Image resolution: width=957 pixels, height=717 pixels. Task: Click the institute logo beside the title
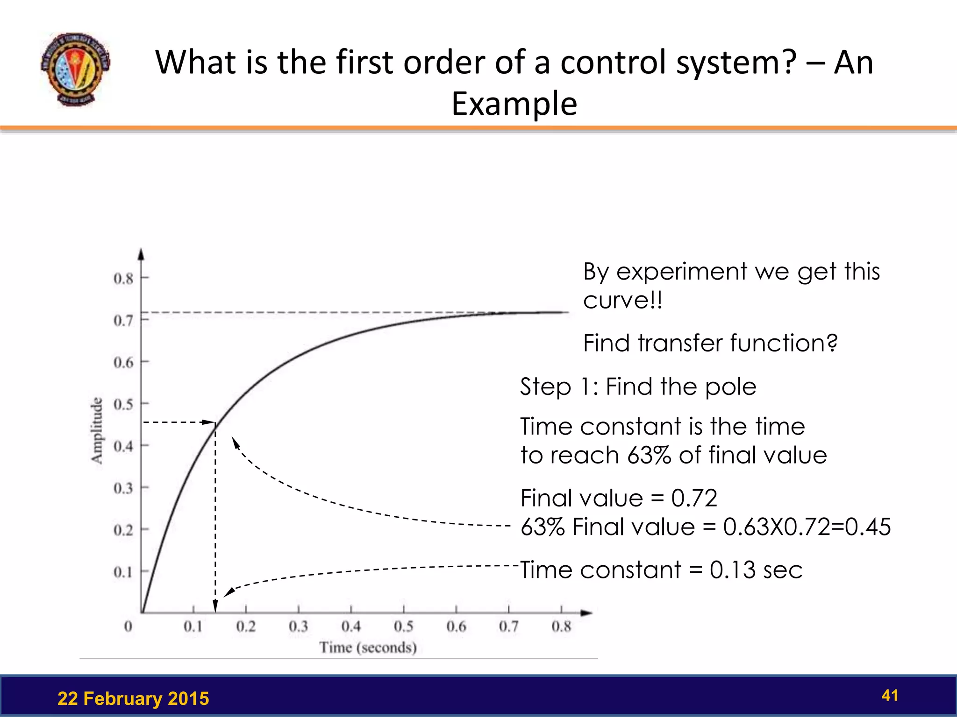[75, 69]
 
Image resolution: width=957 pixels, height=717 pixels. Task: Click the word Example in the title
[514, 104]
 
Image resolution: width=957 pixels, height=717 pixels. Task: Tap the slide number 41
[890, 696]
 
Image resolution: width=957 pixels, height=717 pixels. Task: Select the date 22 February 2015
[133, 699]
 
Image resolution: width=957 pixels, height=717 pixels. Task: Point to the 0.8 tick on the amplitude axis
[123, 279]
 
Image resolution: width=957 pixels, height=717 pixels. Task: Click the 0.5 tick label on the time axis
[403, 626]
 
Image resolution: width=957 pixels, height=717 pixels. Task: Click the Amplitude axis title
[97, 430]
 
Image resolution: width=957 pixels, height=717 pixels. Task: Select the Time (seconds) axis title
[368, 647]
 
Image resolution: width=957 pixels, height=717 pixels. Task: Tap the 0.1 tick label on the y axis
[123, 572]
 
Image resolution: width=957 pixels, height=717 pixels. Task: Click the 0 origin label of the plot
[128, 626]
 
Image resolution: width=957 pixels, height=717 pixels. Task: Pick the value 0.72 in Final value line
[694, 498]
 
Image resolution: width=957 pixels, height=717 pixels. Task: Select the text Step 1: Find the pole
[638, 387]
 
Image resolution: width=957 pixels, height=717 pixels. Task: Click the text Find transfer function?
[710, 343]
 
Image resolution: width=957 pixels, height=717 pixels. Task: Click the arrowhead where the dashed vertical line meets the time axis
[215, 606]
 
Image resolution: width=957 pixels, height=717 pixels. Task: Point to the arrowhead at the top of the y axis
[141, 254]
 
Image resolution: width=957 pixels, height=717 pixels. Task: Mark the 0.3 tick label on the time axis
[298, 626]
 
